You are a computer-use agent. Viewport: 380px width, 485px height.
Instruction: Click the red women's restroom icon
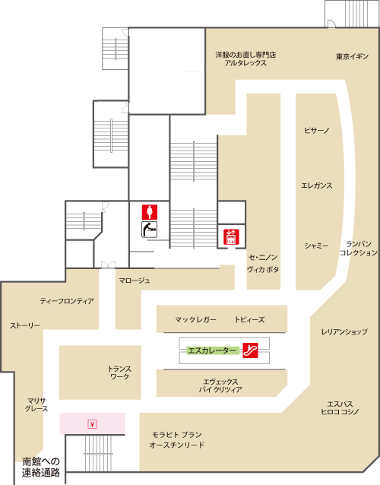click(150, 212)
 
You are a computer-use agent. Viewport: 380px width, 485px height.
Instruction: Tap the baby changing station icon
click(150, 230)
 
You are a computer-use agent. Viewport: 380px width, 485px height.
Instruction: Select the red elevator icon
click(231, 237)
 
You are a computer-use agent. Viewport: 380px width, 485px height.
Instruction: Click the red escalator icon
click(250, 350)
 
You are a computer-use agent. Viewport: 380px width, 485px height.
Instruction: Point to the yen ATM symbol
click(92, 424)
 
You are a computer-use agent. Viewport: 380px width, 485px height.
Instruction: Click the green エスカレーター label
click(213, 350)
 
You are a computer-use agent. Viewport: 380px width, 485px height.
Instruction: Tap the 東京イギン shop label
click(352, 56)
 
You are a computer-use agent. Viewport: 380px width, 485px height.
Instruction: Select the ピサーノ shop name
click(317, 130)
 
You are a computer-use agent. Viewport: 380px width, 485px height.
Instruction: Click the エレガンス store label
click(317, 185)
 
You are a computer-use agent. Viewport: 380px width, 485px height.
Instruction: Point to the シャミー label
click(317, 246)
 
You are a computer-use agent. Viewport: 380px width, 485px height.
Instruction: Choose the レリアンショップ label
click(344, 331)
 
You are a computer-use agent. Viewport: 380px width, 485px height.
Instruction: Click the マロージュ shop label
click(135, 281)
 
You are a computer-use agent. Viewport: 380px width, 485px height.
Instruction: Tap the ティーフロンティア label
click(67, 300)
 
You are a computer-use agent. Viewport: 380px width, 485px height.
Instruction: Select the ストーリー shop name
click(25, 325)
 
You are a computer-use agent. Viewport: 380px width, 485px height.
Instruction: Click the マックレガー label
click(195, 319)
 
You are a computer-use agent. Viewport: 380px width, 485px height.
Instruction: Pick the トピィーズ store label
click(249, 319)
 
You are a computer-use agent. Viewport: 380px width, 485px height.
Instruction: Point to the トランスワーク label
click(119, 372)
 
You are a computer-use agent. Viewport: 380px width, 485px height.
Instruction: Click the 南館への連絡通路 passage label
click(41, 467)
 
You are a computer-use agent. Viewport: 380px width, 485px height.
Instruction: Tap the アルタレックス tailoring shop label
click(245, 63)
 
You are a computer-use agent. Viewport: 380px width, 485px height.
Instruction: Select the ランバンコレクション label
click(359, 249)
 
